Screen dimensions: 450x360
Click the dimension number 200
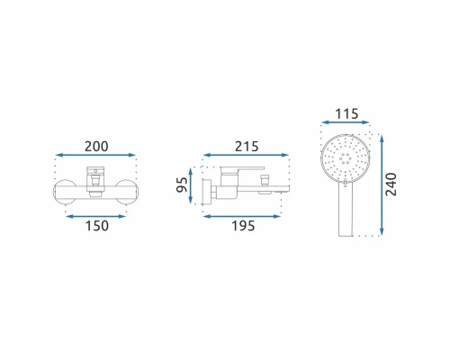[x=96, y=147]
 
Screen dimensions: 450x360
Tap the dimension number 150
[x=97, y=226]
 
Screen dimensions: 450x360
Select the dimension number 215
[x=247, y=147]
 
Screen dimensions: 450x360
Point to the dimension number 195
[x=243, y=226]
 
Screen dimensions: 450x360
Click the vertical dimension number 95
[x=182, y=184]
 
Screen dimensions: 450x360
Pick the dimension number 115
[x=346, y=114]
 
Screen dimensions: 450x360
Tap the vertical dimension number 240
[x=391, y=184]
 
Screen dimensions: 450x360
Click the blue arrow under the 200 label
[x=96, y=155]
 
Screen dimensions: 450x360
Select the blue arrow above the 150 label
[x=96, y=216]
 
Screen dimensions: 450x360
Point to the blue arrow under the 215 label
[x=246, y=155]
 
